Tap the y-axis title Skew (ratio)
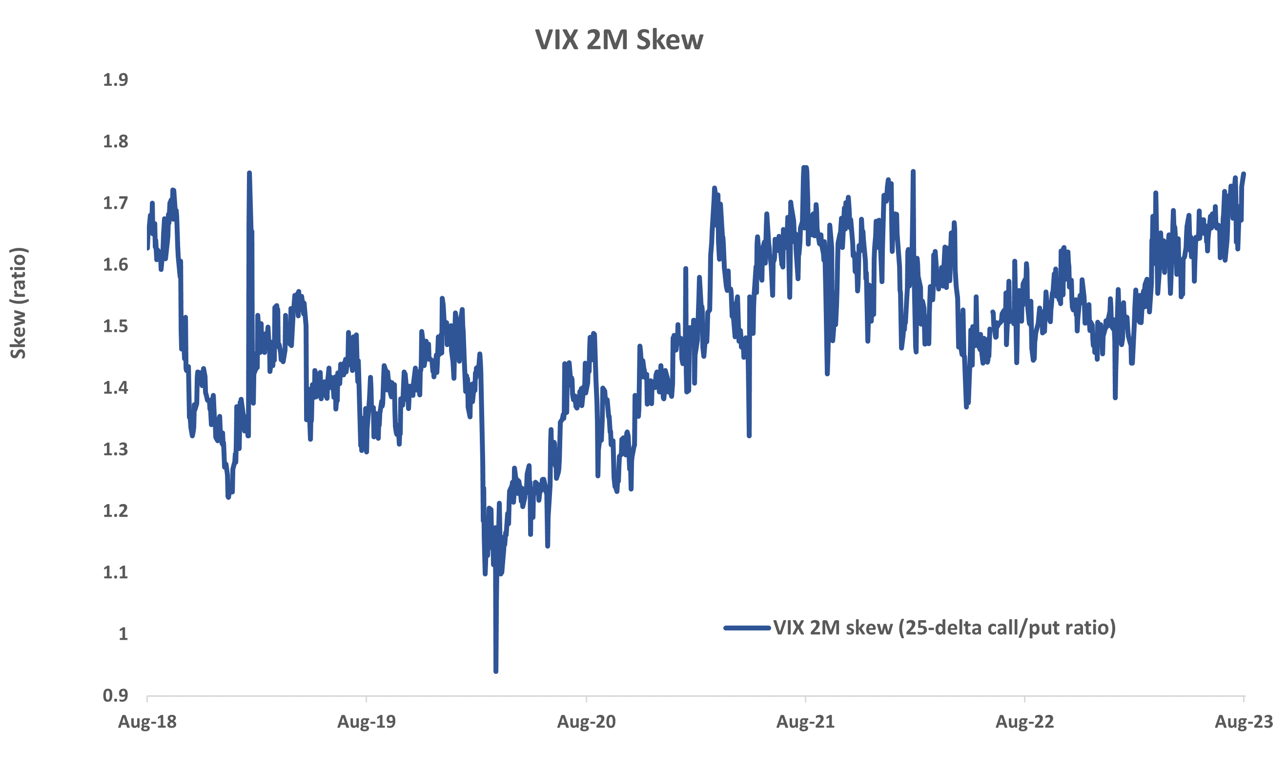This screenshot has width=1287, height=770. point(19,303)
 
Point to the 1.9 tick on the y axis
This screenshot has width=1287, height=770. point(115,80)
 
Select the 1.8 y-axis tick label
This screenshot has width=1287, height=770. point(115,142)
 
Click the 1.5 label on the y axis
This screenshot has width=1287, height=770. point(115,326)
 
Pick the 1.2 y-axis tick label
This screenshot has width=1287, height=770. point(115,511)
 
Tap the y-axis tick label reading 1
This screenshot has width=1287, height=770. point(123,634)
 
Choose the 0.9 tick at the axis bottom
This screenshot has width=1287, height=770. point(115,696)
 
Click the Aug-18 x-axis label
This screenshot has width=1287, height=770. point(147,722)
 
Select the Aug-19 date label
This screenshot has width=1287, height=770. point(367,722)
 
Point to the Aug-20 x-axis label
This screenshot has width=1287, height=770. point(587,722)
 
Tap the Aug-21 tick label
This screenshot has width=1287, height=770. point(805,722)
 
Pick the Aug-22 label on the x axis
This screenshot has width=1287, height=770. point(1025,722)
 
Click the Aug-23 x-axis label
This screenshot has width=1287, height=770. point(1244,722)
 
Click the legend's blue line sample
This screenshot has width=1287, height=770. point(747,628)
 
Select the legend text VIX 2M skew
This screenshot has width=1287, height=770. point(944,628)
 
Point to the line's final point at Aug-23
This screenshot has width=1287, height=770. point(1244,174)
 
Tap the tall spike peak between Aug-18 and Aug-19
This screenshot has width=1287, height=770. point(249,173)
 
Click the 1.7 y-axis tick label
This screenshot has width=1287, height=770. point(115,203)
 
